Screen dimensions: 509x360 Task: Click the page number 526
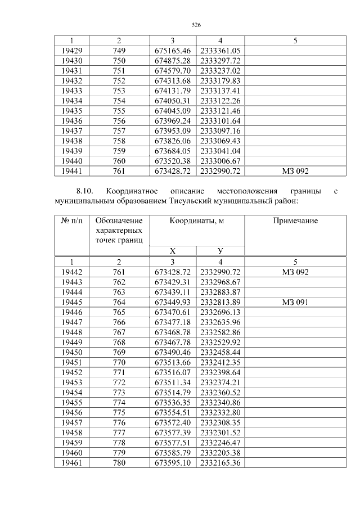[196, 25]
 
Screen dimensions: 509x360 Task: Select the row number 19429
[71, 51]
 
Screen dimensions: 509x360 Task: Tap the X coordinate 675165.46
[173, 51]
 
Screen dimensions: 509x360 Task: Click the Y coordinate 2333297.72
[220, 61]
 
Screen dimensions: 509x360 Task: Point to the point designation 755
[119, 111]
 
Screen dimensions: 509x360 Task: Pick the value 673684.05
[173, 151]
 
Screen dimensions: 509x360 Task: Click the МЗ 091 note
[295, 302]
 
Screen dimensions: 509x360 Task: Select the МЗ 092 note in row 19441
[295, 171]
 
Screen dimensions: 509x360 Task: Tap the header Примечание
[295, 221]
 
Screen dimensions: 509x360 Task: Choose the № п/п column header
[71, 221]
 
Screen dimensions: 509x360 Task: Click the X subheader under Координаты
[173, 251]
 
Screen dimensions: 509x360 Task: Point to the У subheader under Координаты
[220, 251]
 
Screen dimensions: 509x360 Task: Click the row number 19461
[71, 462]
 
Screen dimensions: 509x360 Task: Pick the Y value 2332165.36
[220, 462]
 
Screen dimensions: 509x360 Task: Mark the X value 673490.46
[173, 352]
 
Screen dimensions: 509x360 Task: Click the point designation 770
[119, 362]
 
